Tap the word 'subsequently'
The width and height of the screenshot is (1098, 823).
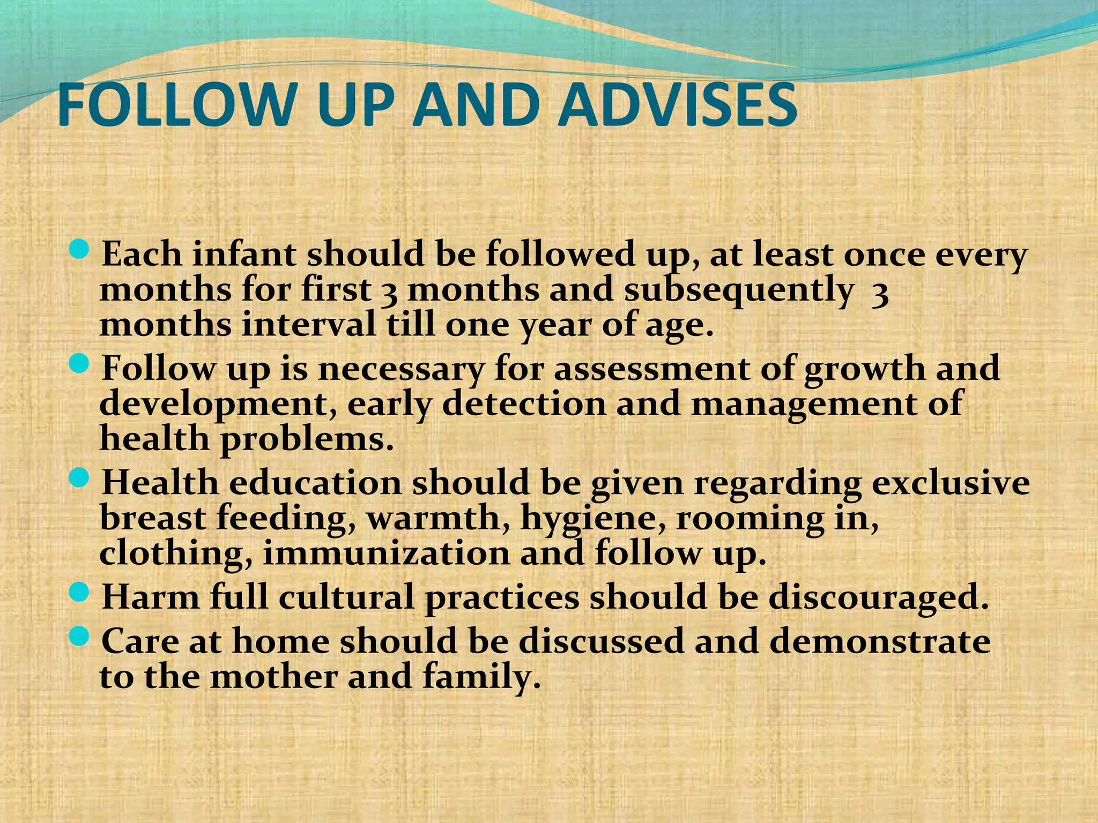pos(739,290)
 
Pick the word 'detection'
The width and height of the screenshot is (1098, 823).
pos(524,403)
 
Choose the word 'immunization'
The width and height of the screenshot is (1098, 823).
pos(386,553)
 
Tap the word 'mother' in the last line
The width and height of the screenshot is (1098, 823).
pos(274,677)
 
